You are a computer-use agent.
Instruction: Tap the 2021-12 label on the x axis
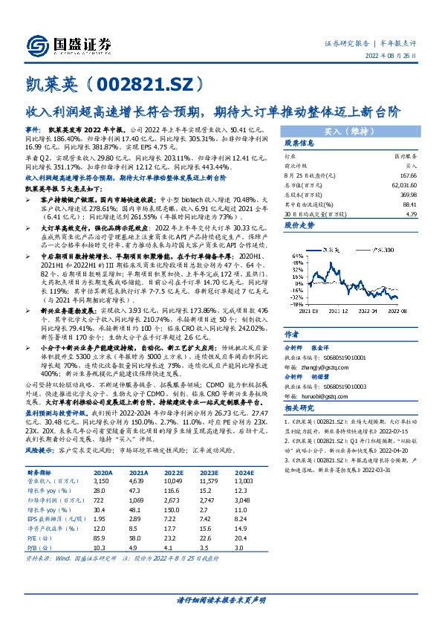tap(332, 313)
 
